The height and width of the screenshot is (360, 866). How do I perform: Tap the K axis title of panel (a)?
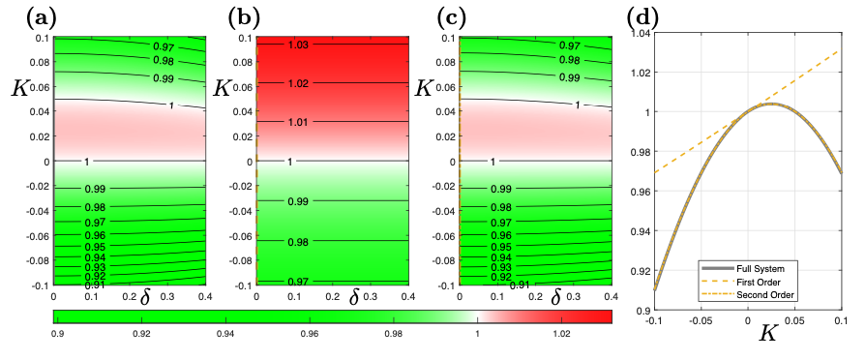[19, 87]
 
